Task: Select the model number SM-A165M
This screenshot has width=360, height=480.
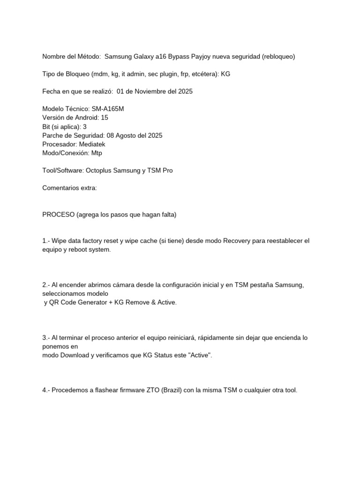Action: coord(108,109)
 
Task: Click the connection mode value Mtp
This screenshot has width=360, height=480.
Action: coord(97,153)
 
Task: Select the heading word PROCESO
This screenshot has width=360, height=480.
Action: coord(58,215)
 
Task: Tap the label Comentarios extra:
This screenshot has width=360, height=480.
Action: coord(69,188)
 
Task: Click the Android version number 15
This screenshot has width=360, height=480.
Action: coord(104,118)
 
